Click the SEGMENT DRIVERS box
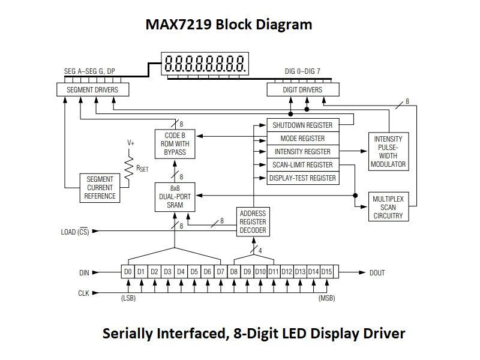point(92,90)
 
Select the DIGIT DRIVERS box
point(302,90)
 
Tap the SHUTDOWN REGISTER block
point(302,125)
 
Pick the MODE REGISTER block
point(302,139)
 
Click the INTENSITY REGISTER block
point(302,152)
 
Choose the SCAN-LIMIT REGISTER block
point(302,165)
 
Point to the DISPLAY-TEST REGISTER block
point(302,178)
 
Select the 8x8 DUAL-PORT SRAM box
point(175,197)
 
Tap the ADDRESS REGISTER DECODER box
point(253,222)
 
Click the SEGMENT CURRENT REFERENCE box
point(100,188)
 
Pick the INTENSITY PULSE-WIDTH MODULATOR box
point(388,151)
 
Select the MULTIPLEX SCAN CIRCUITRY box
point(388,207)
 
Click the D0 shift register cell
point(128,272)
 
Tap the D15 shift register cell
point(326,272)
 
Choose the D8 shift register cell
point(234,272)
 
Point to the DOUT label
point(377,273)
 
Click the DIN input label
point(83,273)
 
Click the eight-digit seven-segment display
point(205,63)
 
